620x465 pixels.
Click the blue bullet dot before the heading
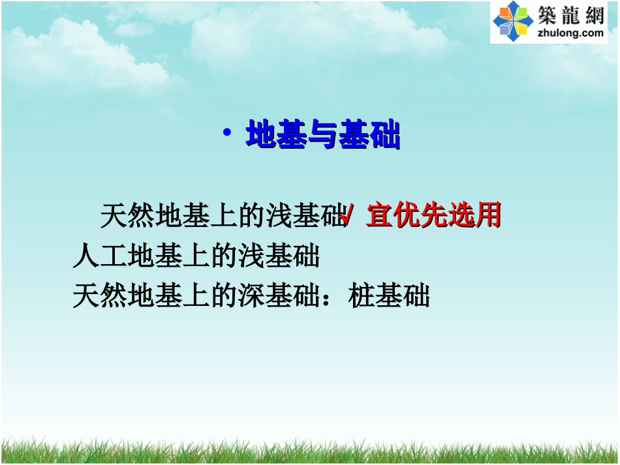[226, 133]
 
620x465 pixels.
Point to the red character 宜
[380, 216]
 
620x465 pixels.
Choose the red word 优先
[425, 216]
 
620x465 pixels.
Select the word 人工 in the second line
[100, 256]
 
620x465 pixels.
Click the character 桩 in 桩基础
[362, 295]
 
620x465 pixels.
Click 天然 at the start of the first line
[127, 216]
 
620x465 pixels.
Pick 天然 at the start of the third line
[100, 295]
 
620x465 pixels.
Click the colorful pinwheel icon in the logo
[513, 22]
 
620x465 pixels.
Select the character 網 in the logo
[595, 14]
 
